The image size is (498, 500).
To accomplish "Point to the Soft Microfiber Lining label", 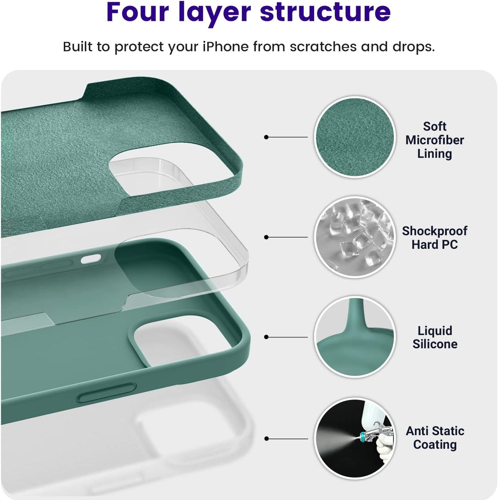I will pyautogui.click(x=434, y=140).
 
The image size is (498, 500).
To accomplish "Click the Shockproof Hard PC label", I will pyautogui.click(x=434, y=238).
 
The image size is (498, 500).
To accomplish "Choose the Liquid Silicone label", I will pyautogui.click(x=435, y=337).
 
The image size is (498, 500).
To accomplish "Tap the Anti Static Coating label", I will pyautogui.click(x=435, y=438).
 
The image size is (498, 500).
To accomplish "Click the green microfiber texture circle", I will pyautogui.click(x=354, y=137).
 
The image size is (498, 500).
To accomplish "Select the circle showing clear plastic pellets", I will pyautogui.click(x=354, y=237).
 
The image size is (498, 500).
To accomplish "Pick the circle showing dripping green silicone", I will pyautogui.click(x=354, y=337).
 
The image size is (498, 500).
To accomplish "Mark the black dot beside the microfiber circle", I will pyautogui.click(x=266, y=137).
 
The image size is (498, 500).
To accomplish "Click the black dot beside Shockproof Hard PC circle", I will pyautogui.click(x=266, y=237).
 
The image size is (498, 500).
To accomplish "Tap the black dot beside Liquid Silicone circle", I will pyautogui.click(x=266, y=337).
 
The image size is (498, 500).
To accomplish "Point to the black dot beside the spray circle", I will pyautogui.click(x=266, y=439).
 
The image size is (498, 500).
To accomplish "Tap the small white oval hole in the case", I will pyautogui.click(x=91, y=259).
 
